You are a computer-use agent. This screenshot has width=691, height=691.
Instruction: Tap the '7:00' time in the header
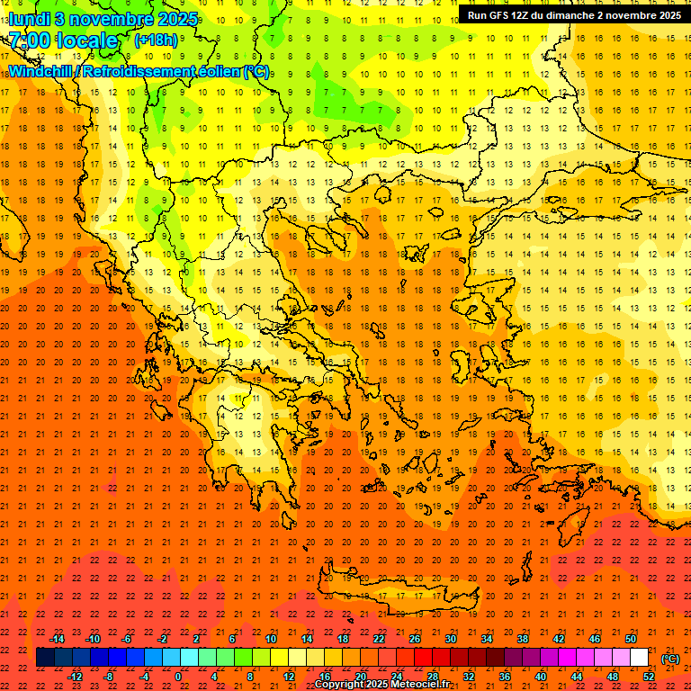[29, 40]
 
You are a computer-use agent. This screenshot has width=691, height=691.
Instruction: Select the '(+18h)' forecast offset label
[156, 40]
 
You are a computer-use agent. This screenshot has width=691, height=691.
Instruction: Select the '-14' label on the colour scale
[58, 639]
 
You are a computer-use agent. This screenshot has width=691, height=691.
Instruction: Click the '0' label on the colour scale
[178, 676]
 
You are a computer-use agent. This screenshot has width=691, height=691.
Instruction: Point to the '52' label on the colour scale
[649, 676]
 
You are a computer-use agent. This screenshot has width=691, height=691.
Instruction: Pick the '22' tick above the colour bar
[379, 639]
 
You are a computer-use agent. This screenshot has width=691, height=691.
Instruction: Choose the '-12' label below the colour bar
[76, 676]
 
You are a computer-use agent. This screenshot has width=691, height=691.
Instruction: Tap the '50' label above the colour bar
[631, 639]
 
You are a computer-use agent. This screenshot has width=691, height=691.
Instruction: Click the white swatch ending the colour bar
[640, 658]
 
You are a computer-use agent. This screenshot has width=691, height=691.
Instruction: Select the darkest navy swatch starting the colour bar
[45, 658]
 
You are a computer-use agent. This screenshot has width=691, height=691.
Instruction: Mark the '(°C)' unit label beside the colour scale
[669, 659]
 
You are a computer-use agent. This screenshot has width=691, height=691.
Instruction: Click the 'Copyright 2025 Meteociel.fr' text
[381, 685]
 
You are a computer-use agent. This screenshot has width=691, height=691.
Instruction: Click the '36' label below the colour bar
[504, 676]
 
